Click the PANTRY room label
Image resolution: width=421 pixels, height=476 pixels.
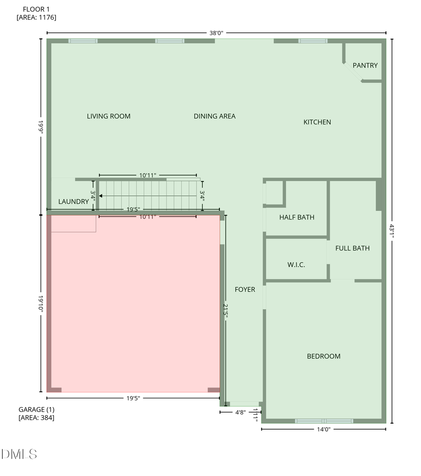click(365, 65)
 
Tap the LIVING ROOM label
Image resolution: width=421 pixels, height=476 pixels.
click(109, 116)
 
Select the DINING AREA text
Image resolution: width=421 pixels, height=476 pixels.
click(215, 116)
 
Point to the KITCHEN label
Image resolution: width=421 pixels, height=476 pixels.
click(317, 122)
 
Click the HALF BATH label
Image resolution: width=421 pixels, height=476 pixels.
click(297, 217)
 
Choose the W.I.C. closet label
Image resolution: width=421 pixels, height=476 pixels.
click(296, 265)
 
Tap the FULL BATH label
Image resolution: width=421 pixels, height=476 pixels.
click(352, 248)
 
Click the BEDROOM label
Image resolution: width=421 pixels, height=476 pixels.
click(324, 356)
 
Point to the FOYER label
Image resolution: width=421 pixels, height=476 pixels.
click(245, 289)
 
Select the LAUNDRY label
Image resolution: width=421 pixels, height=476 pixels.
click(73, 202)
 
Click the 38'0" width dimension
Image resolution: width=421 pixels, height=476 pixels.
click(216, 33)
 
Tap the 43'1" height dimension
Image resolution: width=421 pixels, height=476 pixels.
click(392, 231)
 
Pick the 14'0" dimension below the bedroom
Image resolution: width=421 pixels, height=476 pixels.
click(324, 429)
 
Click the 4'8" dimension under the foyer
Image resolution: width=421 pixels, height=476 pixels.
click(240, 412)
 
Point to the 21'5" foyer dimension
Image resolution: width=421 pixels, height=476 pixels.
click(226, 310)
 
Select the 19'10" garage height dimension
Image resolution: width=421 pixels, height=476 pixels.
click(41, 303)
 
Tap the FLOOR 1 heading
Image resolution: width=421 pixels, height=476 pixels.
click(36, 9)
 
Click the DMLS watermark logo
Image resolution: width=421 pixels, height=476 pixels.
click(19, 454)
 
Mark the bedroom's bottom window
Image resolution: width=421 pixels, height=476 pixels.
click(324, 421)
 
